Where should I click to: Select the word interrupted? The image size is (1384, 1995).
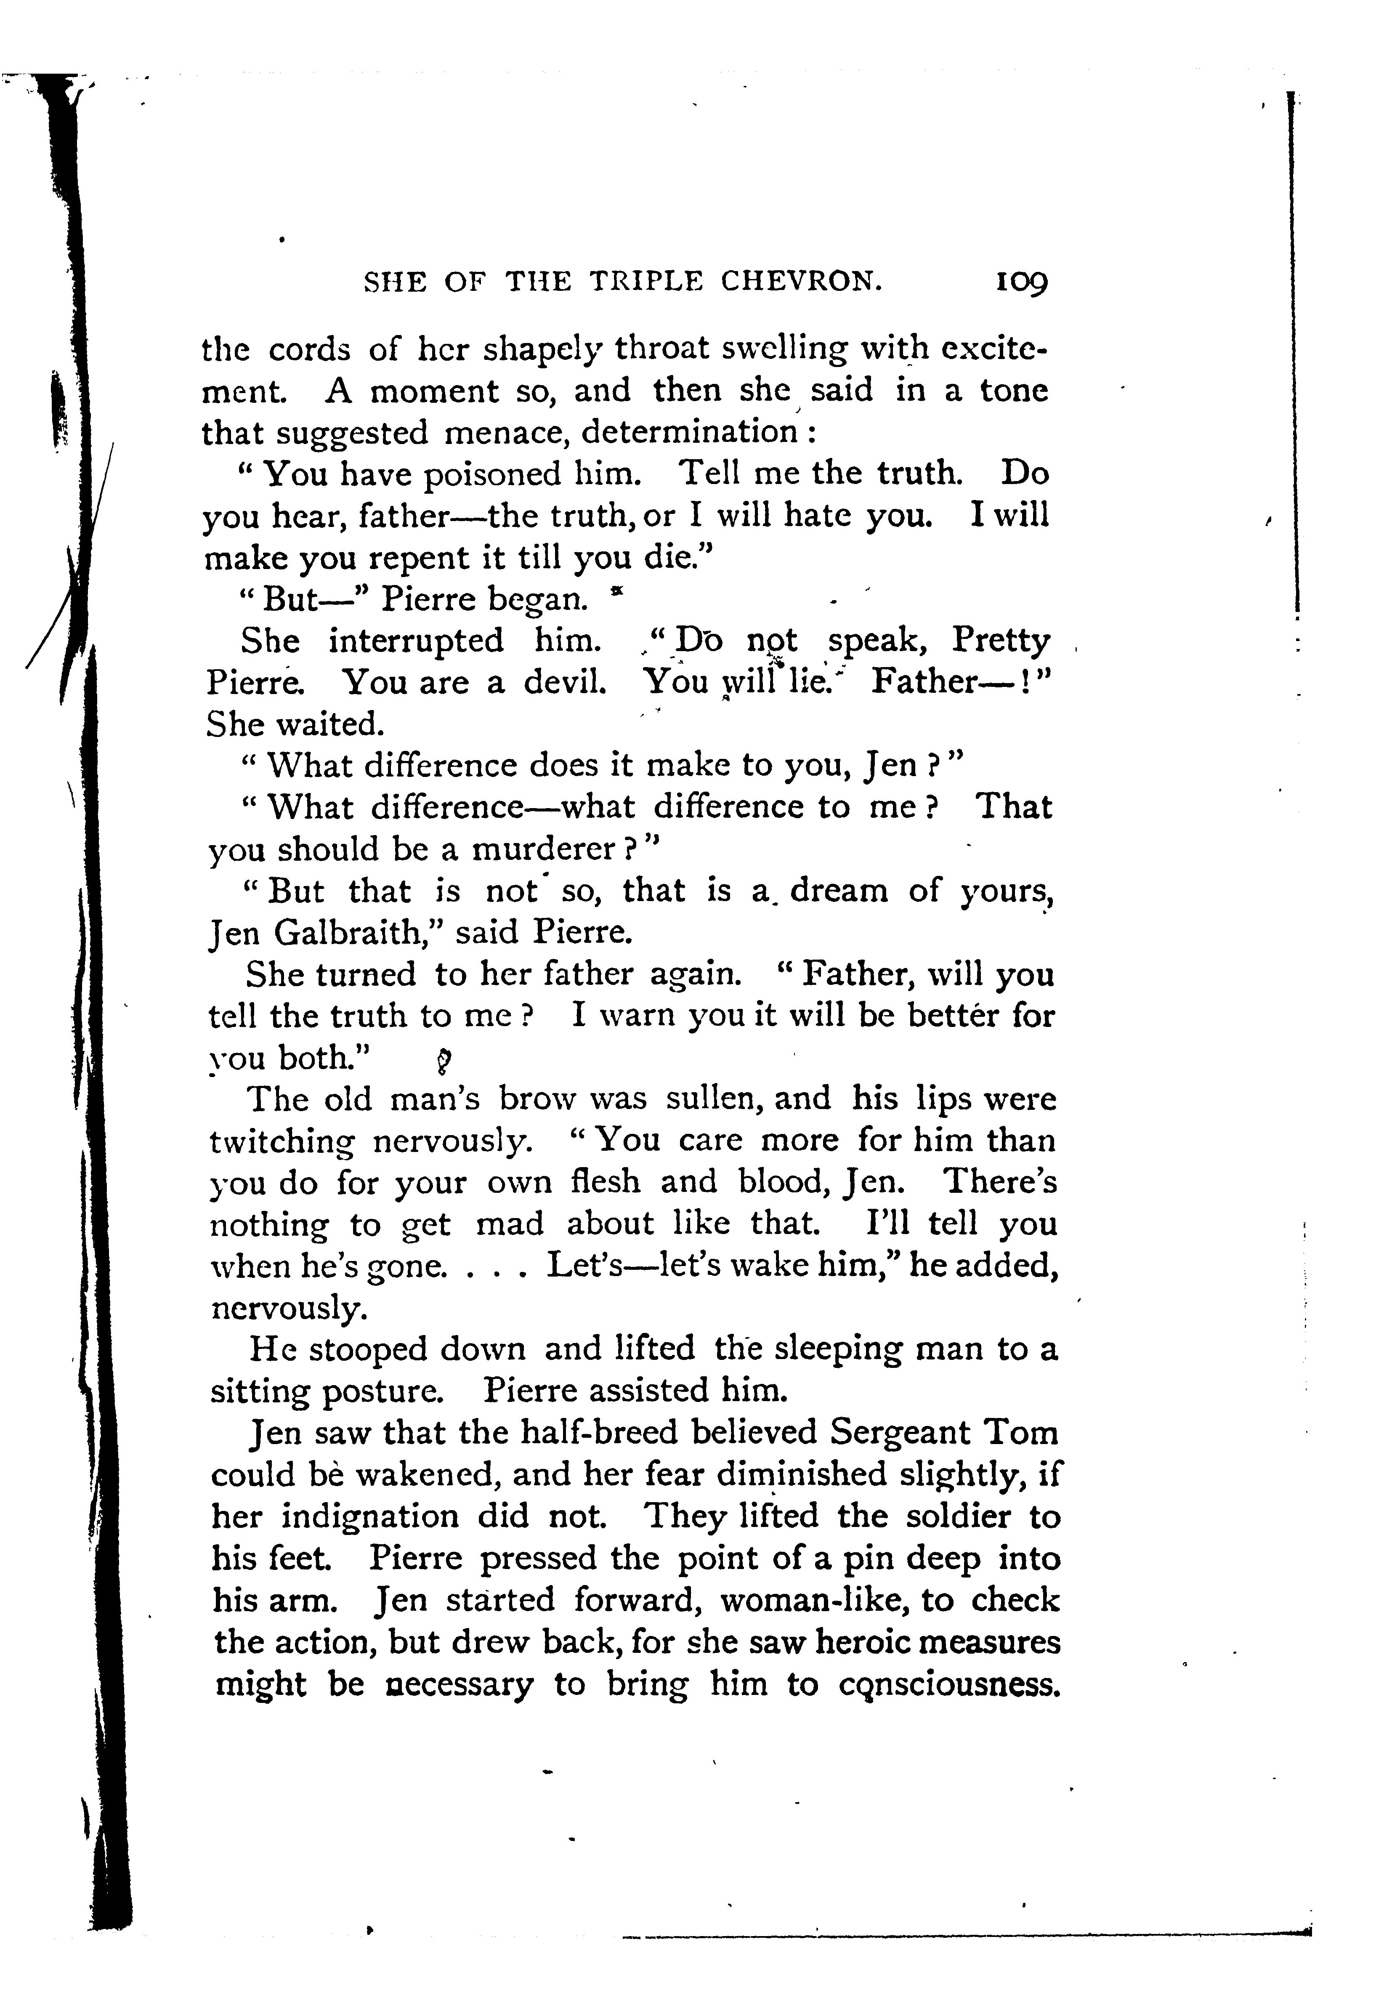click(416, 641)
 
